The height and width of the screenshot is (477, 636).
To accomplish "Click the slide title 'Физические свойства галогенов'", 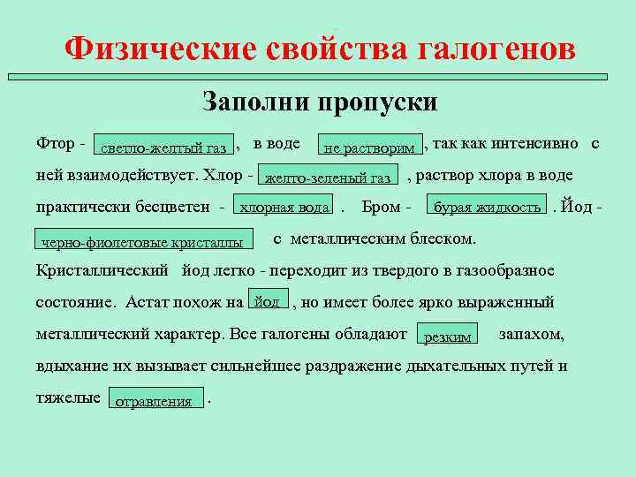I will tap(321, 49).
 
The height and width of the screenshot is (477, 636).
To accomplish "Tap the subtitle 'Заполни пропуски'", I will tap(320, 101).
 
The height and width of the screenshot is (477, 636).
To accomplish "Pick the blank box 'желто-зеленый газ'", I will tap(328, 177).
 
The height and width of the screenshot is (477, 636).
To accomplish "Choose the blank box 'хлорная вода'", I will tap(284, 207).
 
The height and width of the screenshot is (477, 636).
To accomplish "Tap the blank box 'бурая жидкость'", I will tap(487, 207).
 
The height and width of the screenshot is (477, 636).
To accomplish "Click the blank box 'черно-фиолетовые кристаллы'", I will tap(142, 241).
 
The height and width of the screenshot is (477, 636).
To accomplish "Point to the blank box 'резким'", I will tap(448, 336).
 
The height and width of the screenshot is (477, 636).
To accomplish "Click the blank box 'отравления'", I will tap(154, 400).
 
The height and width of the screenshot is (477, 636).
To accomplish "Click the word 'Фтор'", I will tap(54, 143).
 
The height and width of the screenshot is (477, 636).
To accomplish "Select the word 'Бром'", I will tap(380, 208).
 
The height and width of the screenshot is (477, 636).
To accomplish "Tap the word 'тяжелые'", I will tap(68, 397).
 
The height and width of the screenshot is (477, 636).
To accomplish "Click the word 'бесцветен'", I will tap(176, 208).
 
